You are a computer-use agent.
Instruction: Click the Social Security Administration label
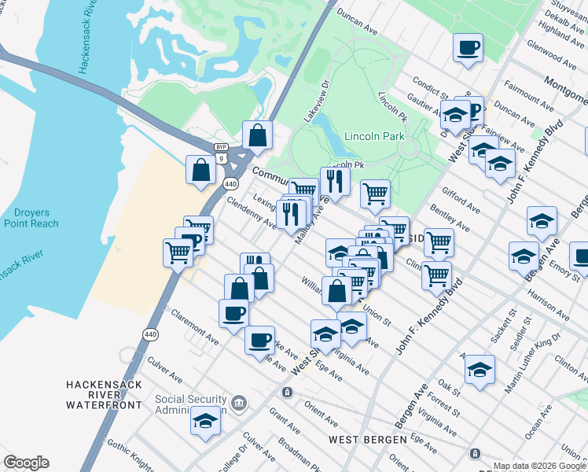(191, 404)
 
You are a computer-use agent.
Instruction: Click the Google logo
(26, 463)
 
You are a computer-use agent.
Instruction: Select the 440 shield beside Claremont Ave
(149, 334)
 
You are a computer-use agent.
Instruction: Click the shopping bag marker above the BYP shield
(257, 135)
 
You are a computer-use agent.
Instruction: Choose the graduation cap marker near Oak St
(480, 369)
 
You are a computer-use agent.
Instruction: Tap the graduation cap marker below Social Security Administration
(206, 421)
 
